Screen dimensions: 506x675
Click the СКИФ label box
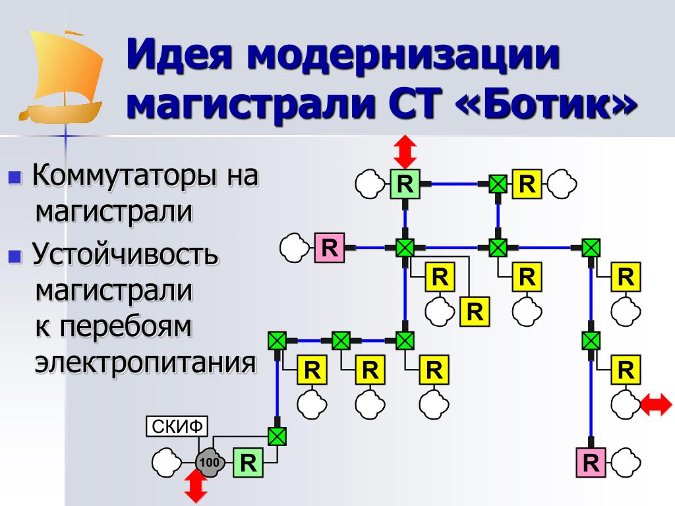(176, 427)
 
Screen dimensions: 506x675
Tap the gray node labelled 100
(209, 463)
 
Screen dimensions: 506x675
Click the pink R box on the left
(330, 248)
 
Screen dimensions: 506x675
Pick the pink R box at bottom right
(591, 463)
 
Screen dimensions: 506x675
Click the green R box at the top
(405, 184)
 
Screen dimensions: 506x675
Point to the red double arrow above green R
(405, 152)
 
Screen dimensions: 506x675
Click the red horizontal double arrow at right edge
(657, 403)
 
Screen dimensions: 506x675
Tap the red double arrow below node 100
(196, 487)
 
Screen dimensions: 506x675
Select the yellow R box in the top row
(527, 184)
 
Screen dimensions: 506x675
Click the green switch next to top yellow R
(498, 184)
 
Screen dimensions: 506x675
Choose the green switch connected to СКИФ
(278, 436)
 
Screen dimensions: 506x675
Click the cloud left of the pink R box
(293, 247)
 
